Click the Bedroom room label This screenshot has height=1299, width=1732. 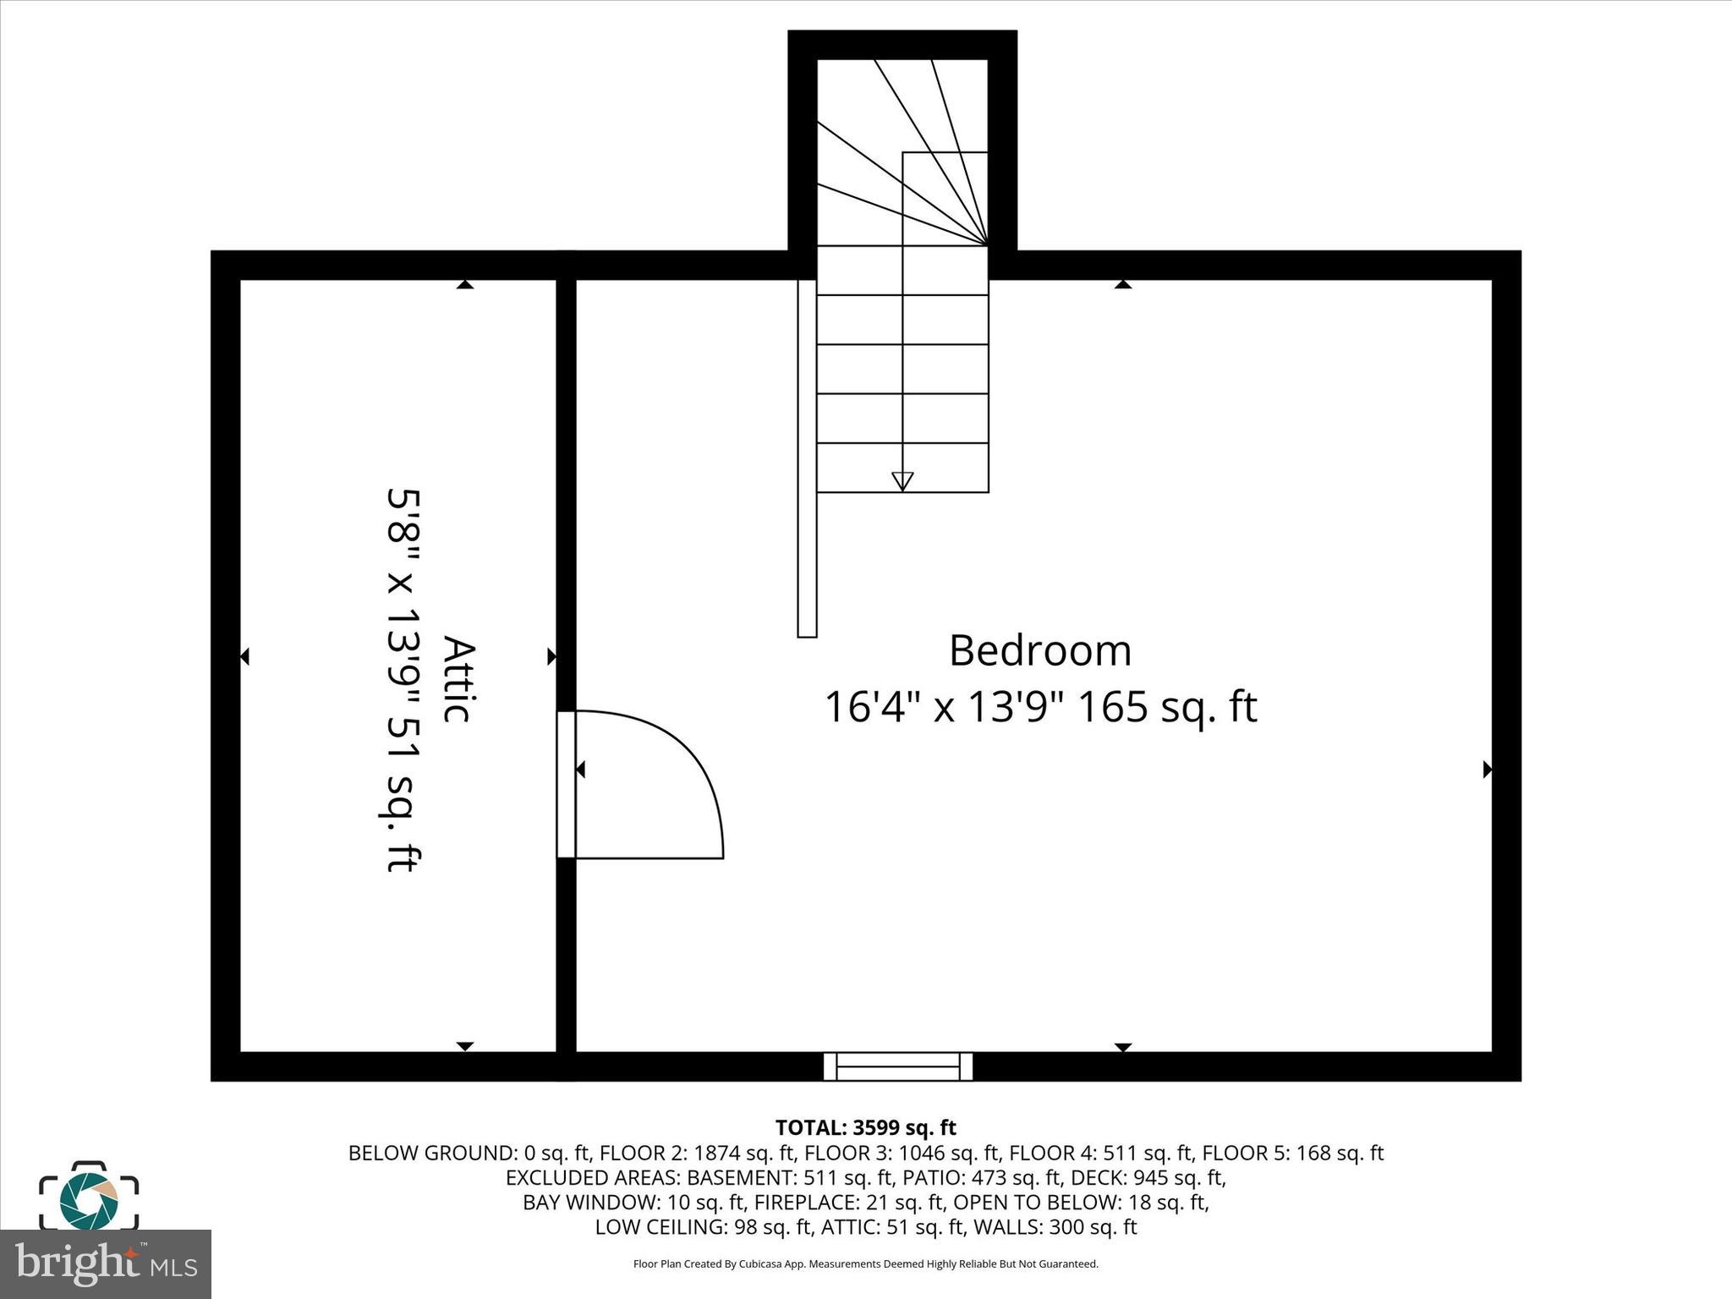[x=1039, y=651]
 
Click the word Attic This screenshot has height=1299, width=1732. [x=458, y=679]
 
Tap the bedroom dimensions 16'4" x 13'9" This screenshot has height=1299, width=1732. [x=944, y=707]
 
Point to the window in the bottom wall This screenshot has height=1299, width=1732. [x=898, y=1066]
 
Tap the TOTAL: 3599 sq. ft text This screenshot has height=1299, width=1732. [x=865, y=1127]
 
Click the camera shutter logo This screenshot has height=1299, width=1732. [x=89, y=1196]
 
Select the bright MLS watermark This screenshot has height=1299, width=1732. [x=106, y=1263]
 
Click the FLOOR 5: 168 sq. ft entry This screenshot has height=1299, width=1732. [x=1292, y=1153]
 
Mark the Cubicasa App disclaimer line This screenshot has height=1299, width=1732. [x=865, y=1264]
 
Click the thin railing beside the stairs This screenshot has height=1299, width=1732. [x=807, y=458]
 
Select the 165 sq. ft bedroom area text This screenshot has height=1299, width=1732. [x=1168, y=707]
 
